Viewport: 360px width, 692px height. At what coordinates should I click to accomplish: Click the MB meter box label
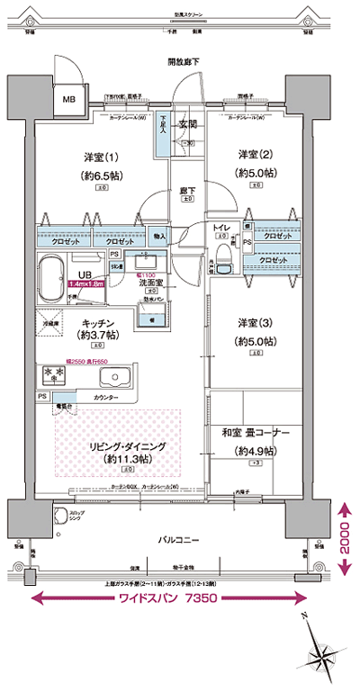pyautogui.click(x=69, y=99)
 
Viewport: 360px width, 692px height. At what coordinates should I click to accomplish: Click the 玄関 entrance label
pyautogui.click(x=187, y=124)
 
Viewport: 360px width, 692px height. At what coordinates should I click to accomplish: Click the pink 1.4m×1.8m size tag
pyautogui.click(x=86, y=283)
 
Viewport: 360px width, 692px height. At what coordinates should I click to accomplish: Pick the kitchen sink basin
pyautogui.click(x=114, y=376)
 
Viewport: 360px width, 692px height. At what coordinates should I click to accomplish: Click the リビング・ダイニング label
pyautogui.click(x=124, y=446)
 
